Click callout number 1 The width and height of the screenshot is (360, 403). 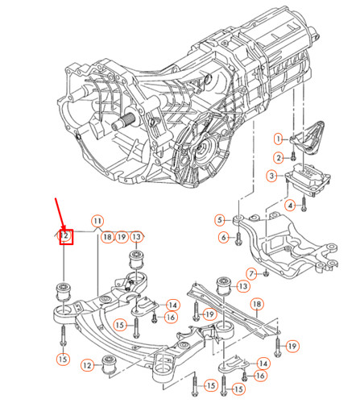point(279,139)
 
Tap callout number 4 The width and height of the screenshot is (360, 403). point(289,206)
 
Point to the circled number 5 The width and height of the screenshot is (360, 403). point(219,220)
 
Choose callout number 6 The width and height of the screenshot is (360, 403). point(222,236)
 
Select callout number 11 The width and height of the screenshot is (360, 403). point(97,220)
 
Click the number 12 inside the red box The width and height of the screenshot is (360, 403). point(67,237)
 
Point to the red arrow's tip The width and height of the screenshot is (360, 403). point(64,232)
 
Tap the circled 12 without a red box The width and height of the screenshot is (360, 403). point(87,366)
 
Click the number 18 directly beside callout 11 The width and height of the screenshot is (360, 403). point(107,237)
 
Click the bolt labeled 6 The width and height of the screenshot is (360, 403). point(241,237)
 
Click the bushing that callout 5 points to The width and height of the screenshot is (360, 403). point(239,218)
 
